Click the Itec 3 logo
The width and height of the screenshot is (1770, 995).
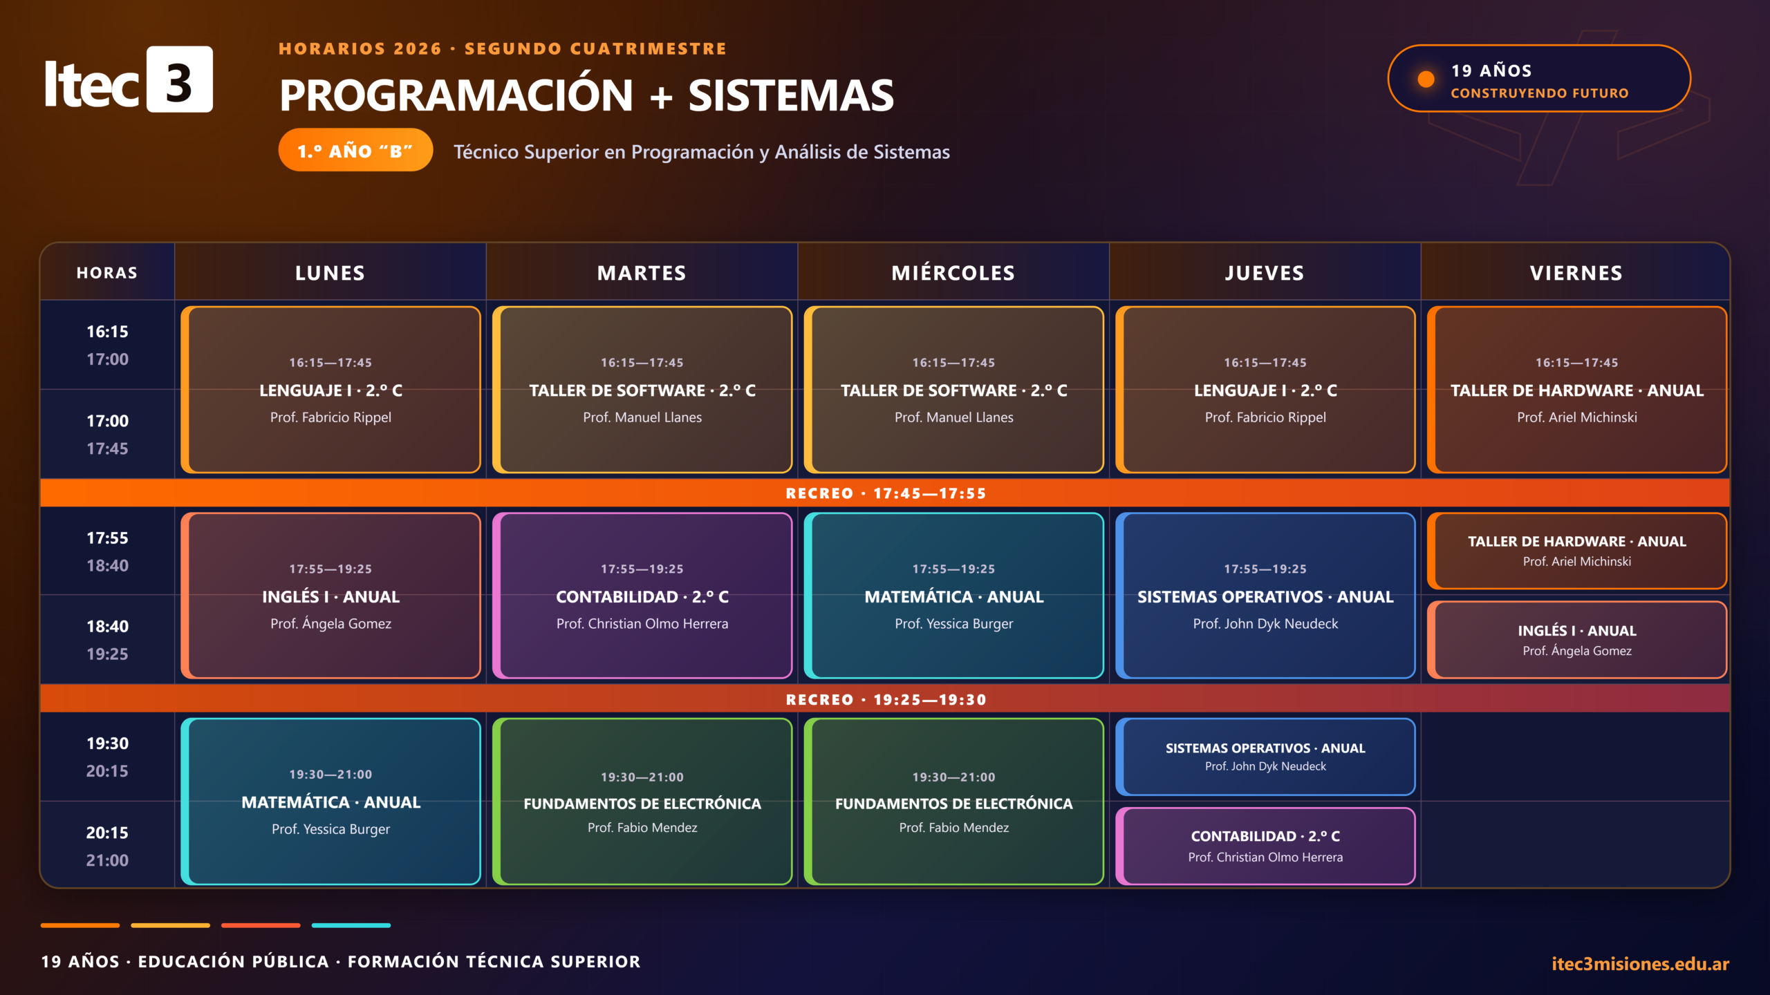(129, 79)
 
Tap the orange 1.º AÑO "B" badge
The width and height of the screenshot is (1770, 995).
(355, 150)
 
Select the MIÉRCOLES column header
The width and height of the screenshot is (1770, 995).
(953, 273)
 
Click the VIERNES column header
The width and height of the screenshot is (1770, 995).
(1576, 273)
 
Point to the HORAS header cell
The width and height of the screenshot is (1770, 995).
(107, 273)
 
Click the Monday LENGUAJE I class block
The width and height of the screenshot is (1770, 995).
(330, 390)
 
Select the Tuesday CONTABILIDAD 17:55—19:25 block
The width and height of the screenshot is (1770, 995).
(642, 596)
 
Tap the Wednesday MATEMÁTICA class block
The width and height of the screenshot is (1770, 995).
(953, 596)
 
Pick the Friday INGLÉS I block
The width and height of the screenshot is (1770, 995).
(1576, 640)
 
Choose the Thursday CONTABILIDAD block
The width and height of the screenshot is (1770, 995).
(1265, 846)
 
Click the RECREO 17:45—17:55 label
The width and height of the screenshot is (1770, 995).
(886, 493)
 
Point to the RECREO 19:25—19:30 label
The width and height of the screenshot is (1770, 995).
(886, 699)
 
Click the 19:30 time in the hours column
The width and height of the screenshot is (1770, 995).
(107, 743)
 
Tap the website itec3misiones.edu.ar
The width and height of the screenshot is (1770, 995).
(1640, 963)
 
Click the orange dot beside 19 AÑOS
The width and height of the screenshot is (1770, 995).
(1426, 79)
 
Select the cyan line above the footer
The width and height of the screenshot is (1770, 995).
(351, 925)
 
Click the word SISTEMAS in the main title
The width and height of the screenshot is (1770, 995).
(791, 95)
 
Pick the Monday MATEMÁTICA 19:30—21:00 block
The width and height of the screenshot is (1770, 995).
(330, 802)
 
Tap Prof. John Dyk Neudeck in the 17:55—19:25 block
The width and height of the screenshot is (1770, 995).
(1265, 624)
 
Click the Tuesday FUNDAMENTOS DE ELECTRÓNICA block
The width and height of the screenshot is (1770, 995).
(642, 802)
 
